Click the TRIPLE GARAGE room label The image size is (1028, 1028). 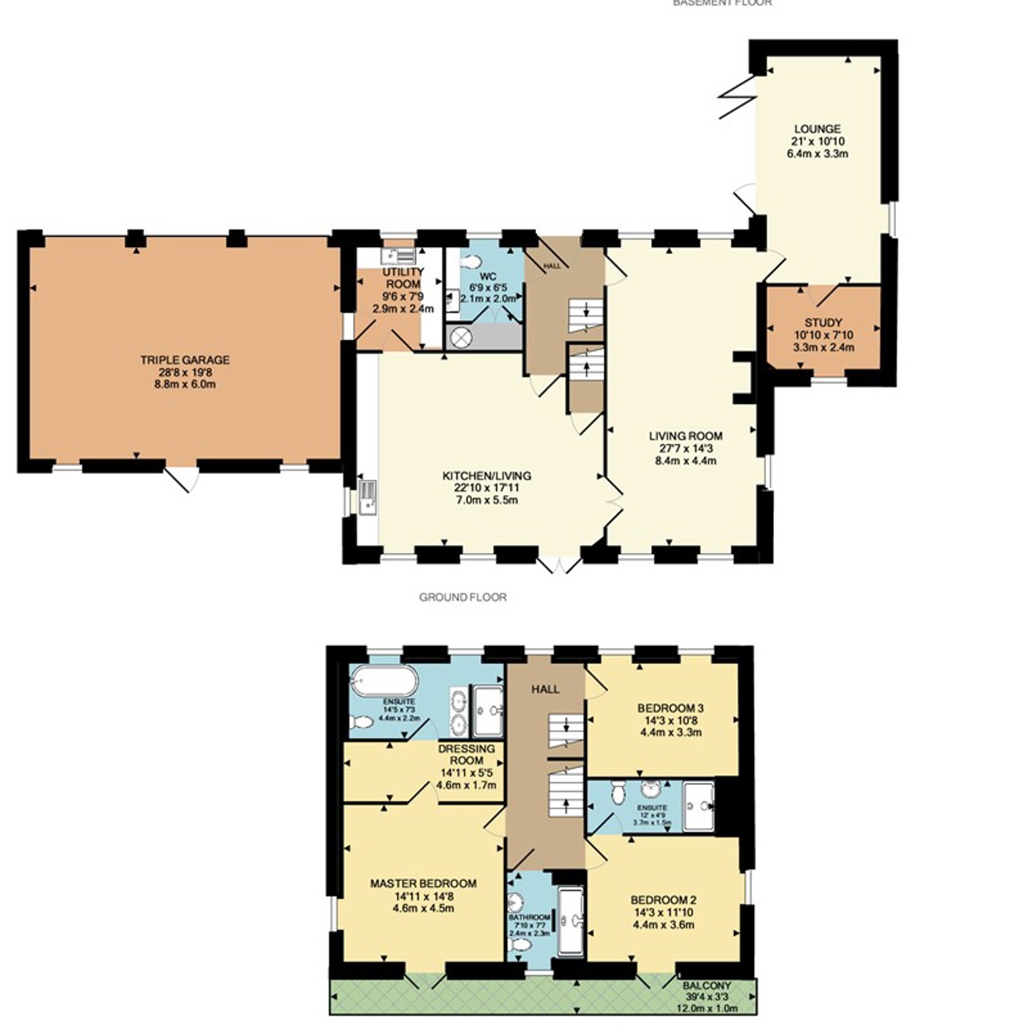tap(185, 360)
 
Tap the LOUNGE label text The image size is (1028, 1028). tap(817, 129)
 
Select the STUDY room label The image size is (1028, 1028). tap(823, 323)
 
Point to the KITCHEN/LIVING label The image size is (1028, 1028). tap(487, 475)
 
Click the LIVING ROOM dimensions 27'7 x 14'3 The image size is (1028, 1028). tap(685, 448)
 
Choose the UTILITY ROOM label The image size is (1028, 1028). tap(403, 278)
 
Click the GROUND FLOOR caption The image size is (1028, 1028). tap(463, 597)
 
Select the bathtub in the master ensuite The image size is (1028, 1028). tap(383, 680)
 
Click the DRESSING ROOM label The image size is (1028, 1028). tap(467, 755)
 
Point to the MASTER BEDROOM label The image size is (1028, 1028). tap(423, 883)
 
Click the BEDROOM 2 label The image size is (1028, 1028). tap(663, 900)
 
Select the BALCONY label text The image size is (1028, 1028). tap(707, 985)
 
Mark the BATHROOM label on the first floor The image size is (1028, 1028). tap(529, 917)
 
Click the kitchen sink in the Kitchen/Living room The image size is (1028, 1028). tap(368, 497)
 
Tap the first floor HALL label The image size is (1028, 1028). tap(545, 689)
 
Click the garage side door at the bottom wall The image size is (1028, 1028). tap(180, 478)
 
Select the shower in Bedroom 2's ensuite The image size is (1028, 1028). tap(699, 807)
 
